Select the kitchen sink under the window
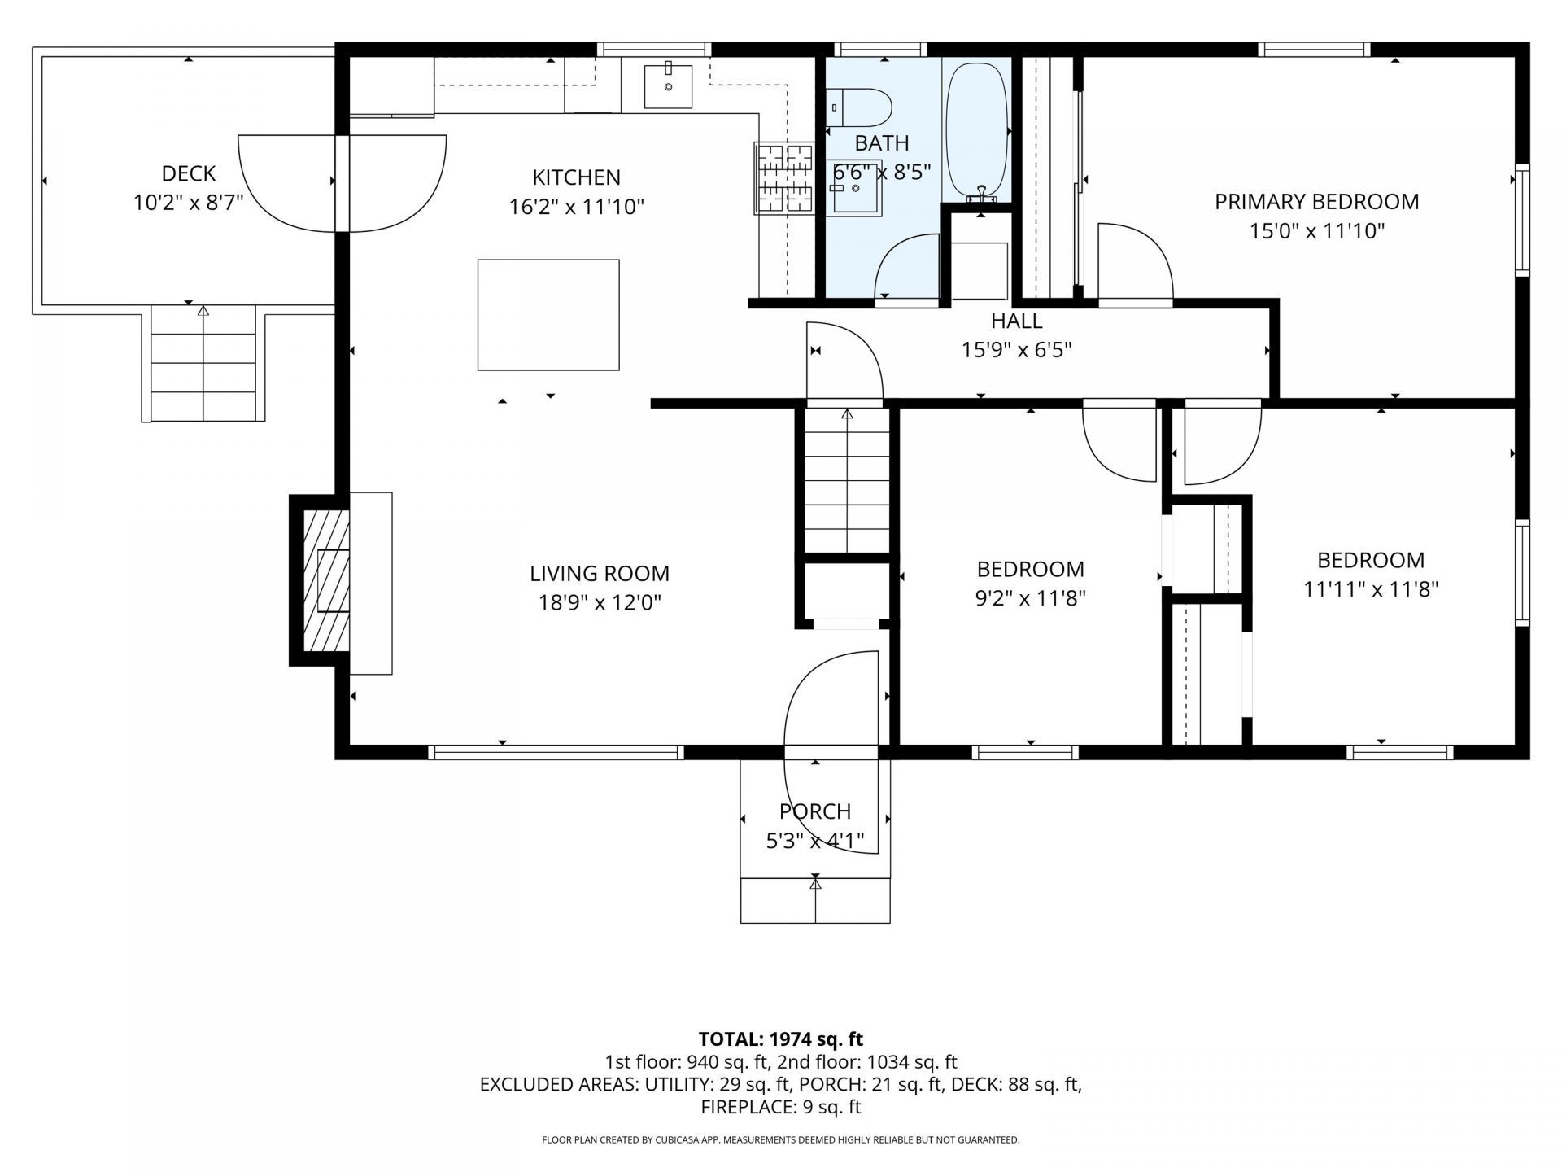668,86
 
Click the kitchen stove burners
784,178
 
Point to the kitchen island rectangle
548,315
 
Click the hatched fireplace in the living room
326,580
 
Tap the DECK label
189,173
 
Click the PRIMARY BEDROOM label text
1317,202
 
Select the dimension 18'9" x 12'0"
600,603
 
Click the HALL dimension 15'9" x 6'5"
1017,350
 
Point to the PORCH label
815,811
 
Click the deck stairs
203,364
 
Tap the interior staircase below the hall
847,481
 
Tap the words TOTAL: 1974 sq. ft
781,1039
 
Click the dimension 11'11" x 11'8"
1371,589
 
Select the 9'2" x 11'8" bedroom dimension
1031,598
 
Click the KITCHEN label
576,177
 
